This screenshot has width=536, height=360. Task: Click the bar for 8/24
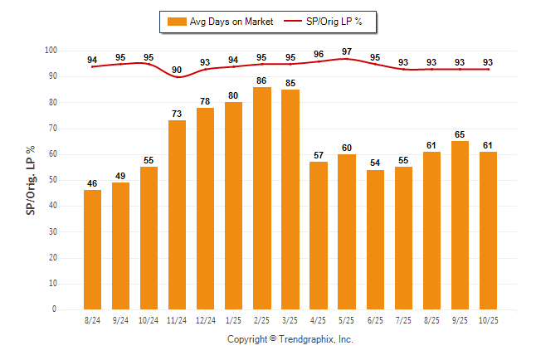click(x=93, y=250)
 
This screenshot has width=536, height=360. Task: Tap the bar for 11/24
click(x=178, y=215)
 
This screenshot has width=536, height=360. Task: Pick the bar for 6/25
click(x=375, y=240)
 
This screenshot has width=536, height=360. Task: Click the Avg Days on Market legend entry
click(x=221, y=22)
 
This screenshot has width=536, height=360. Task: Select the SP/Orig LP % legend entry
click(x=329, y=22)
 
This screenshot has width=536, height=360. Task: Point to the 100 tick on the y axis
click(x=51, y=51)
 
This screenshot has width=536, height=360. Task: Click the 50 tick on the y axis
click(x=52, y=180)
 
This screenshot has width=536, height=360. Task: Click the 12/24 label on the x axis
click(x=206, y=319)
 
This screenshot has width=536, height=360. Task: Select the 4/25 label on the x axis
click(x=319, y=319)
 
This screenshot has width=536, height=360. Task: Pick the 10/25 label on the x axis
click(x=488, y=319)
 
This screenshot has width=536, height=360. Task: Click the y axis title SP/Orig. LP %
click(x=31, y=179)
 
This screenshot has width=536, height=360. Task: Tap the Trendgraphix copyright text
click(x=290, y=339)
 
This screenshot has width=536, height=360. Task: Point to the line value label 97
click(x=347, y=51)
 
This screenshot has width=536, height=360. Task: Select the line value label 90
click(x=178, y=70)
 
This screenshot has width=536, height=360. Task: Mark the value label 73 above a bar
click(x=178, y=114)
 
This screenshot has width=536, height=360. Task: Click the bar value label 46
click(x=93, y=183)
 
